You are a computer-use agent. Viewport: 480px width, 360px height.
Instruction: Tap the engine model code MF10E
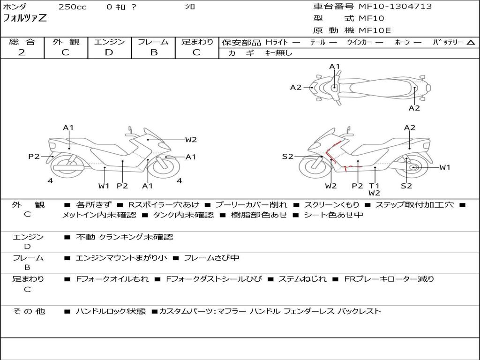coord(375,30)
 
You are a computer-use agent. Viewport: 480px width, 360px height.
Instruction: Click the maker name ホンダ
coord(15,7)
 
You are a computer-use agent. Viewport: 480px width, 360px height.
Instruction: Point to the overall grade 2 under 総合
coord(22,52)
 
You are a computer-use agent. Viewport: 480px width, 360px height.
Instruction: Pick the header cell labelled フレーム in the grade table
coord(153,42)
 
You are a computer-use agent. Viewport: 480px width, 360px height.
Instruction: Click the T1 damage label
coord(374,186)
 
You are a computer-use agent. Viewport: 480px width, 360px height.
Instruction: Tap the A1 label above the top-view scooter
coord(334,67)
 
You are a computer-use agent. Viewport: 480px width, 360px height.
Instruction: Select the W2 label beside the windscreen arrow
coord(191,139)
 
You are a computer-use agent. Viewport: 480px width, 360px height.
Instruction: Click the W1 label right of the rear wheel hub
coord(444,167)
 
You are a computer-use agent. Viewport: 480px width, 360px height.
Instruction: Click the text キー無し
coord(278,53)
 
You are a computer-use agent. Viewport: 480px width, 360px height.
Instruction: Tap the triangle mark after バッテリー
coord(471,43)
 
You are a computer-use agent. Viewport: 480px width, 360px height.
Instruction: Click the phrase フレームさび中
coord(211,258)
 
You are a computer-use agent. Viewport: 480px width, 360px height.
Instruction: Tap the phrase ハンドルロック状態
coord(111,311)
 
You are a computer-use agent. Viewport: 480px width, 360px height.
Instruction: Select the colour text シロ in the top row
coord(190,7)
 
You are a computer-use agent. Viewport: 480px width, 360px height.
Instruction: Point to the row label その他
coord(29,311)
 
